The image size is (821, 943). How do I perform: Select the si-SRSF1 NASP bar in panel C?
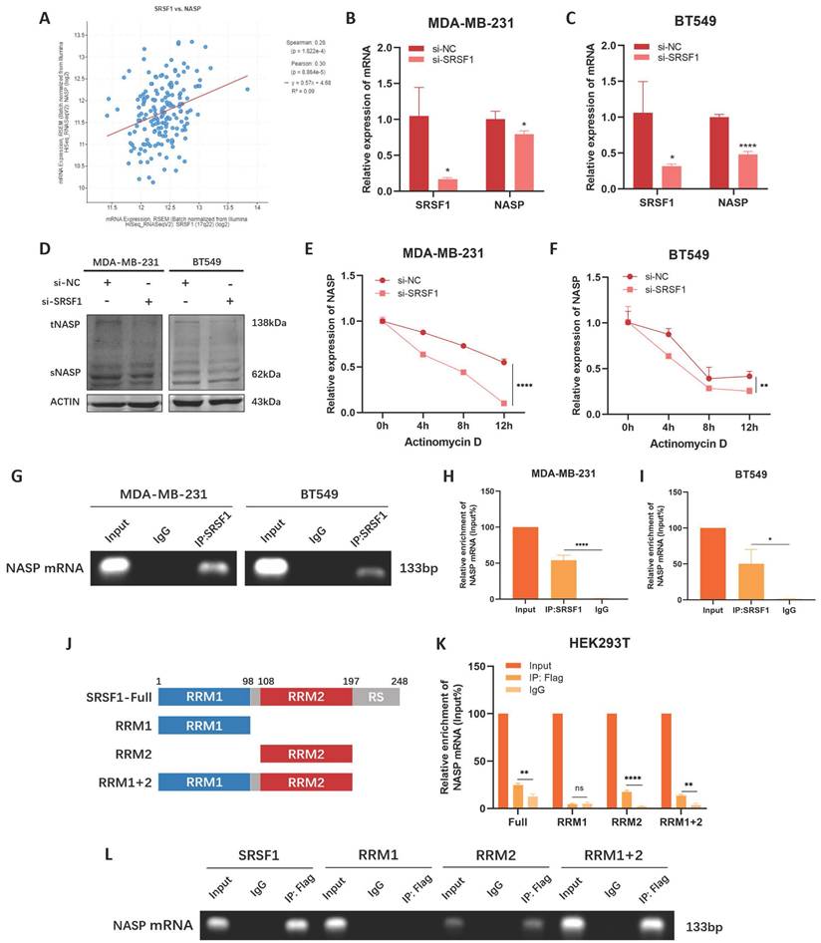[717, 171]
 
